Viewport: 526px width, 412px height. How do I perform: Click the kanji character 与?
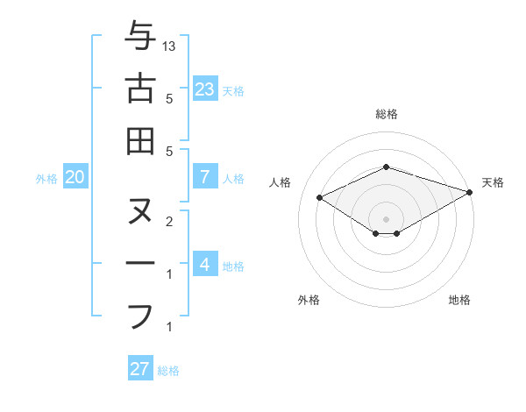coord(140,37)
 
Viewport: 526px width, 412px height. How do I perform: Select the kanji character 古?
coord(140,89)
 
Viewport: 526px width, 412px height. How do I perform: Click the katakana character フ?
coord(140,315)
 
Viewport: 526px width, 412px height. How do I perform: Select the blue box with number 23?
coord(205,89)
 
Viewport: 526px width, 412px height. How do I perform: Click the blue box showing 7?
coord(205,177)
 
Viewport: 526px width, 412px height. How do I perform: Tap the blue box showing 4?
coord(205,264)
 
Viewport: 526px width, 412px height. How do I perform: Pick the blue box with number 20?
coord(75,177)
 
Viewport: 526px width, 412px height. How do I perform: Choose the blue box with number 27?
coord(140,368)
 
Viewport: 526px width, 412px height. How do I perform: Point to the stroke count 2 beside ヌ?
coord(168,221)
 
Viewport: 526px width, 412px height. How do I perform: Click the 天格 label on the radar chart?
coord(493,182)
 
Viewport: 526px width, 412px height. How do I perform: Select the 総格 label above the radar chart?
coord(387,114)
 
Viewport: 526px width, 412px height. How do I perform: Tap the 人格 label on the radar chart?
coord(281,182)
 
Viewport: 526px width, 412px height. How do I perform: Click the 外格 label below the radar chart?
coord(309,300)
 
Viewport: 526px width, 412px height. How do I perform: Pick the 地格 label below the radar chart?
coord(459,300)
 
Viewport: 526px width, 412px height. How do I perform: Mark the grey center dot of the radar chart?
coord(387,218)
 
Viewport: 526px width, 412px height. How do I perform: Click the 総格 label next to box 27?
coord(168,371)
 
